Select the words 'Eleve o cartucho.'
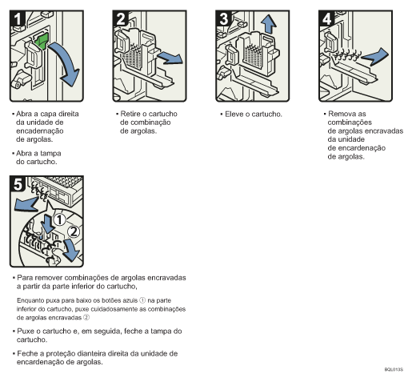(253, 115)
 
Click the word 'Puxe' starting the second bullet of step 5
(26, 330)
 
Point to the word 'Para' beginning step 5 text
(26, 277)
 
